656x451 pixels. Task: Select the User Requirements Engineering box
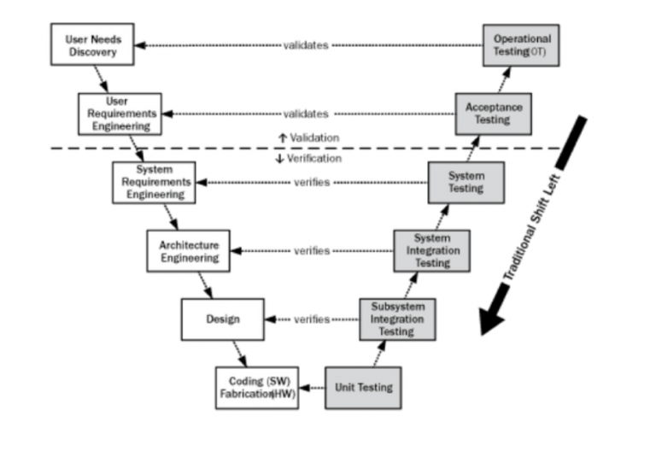(x=120, y=113)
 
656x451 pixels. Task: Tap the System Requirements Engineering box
(x=155, y=182)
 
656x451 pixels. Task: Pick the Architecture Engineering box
(x=189, y=250)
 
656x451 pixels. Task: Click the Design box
(x=222, y=319)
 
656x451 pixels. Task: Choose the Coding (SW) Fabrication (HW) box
(x=256, y=387)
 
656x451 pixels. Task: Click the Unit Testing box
(x=363, y=387)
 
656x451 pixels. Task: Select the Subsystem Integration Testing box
(x=397, y=319)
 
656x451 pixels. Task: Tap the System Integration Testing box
(x=431, y=250)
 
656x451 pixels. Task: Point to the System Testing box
(x=466, y=182)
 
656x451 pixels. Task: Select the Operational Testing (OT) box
(x=522, y=45)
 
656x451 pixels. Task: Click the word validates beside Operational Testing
(x=306, y=45)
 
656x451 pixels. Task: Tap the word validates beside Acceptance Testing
(x=306, y=114)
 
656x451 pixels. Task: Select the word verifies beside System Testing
(x=312, y=182)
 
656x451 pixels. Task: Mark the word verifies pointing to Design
(x=312, y=319)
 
